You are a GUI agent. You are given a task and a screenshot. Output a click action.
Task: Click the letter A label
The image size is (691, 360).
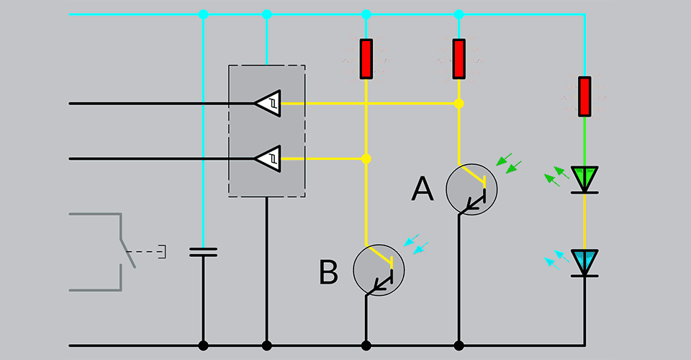coord(423,190)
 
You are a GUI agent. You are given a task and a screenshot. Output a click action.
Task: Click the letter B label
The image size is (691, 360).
coord(328,273)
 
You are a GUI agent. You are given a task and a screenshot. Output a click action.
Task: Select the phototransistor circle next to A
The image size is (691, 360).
coord(471,189)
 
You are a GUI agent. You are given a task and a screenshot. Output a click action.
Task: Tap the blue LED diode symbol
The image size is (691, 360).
coord(584,262)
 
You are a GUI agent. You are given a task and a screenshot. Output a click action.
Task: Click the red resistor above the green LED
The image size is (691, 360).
coord(584,96)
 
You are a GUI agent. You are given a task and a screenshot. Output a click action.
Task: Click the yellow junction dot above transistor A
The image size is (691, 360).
coord(459,104)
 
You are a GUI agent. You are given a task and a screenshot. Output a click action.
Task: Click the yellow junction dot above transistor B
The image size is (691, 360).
coord(366,158)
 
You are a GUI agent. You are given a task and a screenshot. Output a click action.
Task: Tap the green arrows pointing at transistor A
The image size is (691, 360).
coord(509,163)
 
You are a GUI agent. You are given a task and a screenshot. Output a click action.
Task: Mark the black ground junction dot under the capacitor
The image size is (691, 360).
coord(202,346)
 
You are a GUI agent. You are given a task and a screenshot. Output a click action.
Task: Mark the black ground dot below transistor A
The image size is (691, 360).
coord(459,346)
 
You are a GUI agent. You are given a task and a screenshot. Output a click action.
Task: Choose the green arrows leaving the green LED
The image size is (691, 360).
coord(553,177)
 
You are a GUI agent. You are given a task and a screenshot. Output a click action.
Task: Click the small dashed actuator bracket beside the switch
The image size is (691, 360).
coord(163,252)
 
